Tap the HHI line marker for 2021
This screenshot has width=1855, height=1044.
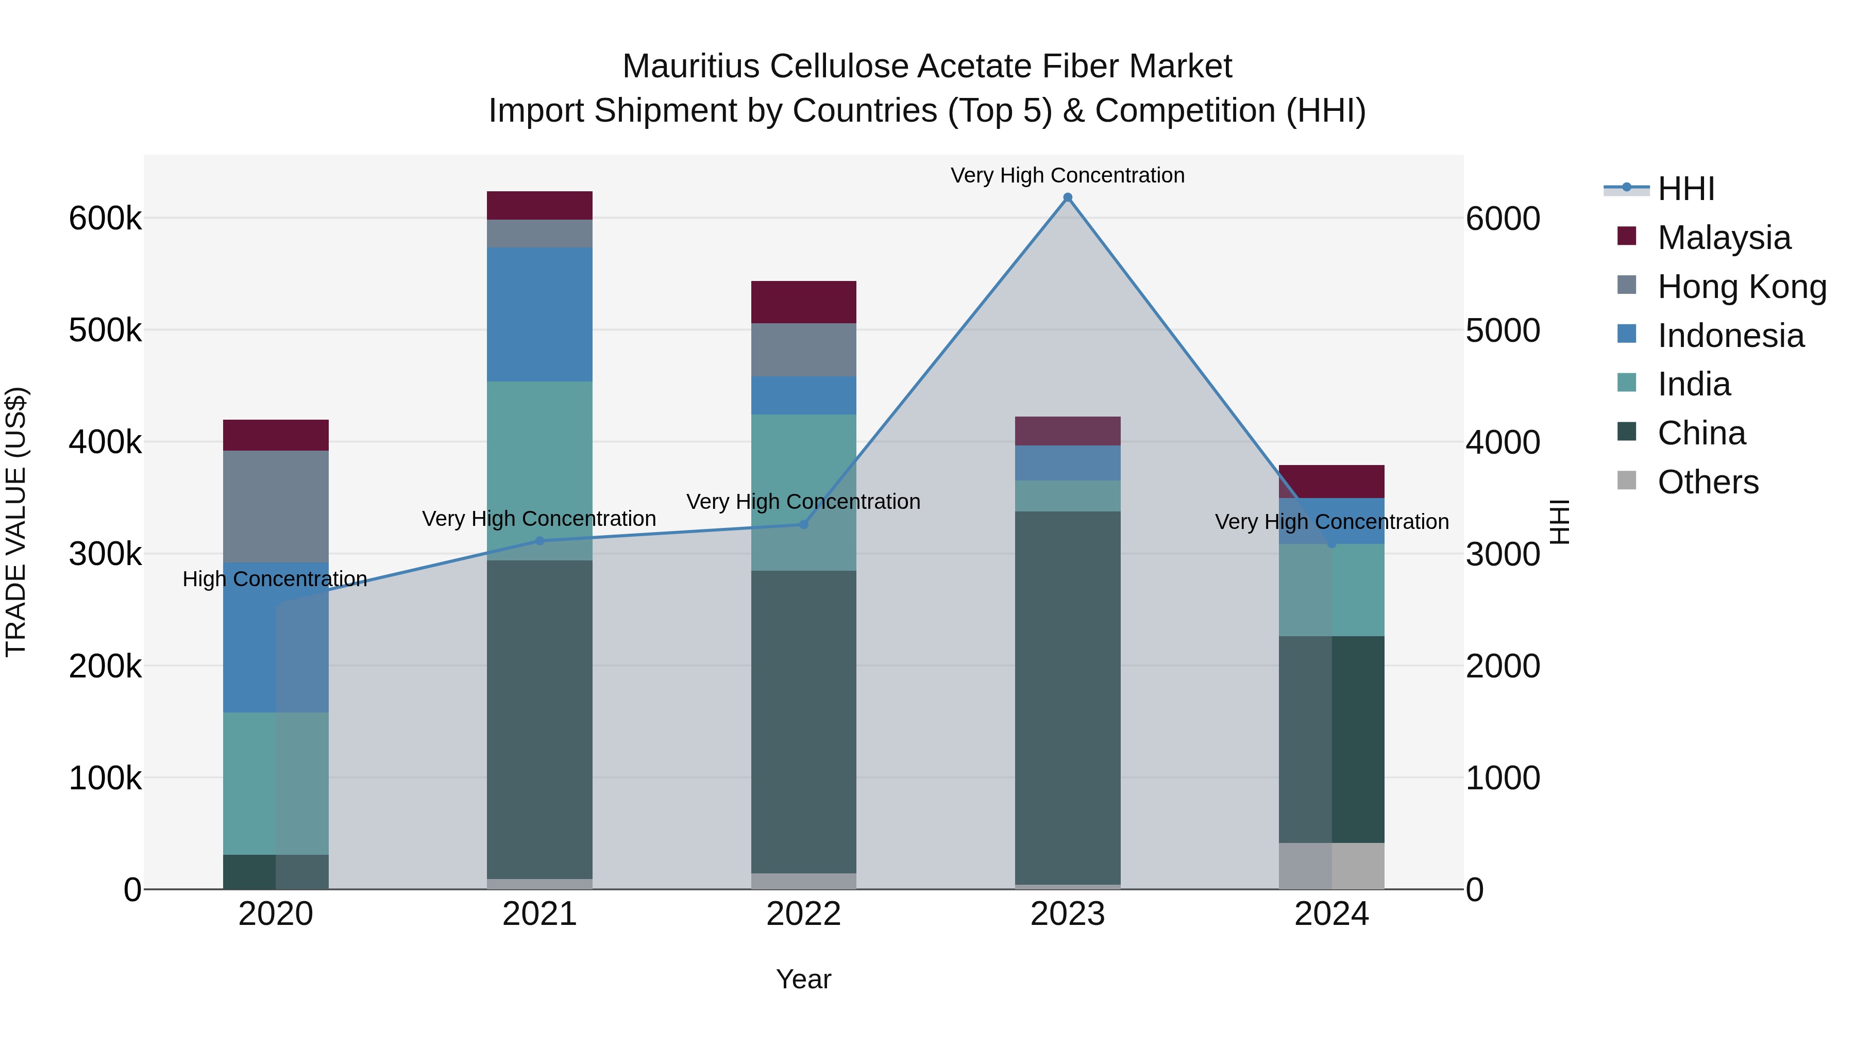(539, 540)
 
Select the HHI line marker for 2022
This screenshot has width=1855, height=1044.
(804, 524)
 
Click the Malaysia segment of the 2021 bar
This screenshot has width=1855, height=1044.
(539, 205)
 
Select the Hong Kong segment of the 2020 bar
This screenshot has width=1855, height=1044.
(276, 506)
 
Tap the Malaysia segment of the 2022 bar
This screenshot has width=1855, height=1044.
(804, 302)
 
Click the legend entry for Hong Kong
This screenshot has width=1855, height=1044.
(1741, 287)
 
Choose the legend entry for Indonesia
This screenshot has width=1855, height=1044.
(1730, 336)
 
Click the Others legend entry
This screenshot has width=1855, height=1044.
(1708, 482)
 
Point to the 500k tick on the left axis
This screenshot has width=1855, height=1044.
(105, 330)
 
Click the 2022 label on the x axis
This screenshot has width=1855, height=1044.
(804, 914)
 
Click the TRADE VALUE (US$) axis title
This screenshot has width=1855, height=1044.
(16, 522)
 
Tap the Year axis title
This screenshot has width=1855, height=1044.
(804, 979)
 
